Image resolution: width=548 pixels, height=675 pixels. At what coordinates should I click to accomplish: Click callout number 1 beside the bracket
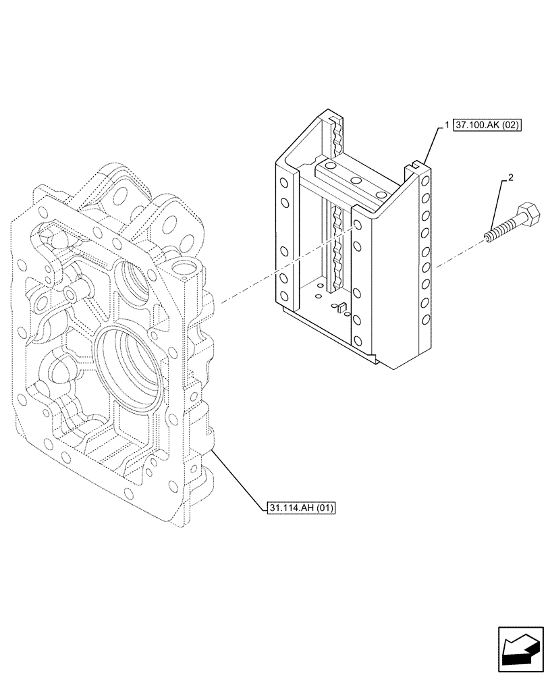pyautogui.click(x=447, y=126)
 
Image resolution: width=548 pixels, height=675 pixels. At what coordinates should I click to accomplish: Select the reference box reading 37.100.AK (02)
pyautogui.click(x=487, y=126)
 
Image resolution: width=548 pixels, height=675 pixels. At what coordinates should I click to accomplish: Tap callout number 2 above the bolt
pyautogui.click(x=510, y=178)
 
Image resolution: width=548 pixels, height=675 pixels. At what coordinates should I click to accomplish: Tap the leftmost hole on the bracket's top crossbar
pyautogui.click(x=329, y=166)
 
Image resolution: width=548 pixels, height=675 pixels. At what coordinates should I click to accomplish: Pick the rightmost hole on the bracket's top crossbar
pyautogui.click(x=381, y=194)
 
